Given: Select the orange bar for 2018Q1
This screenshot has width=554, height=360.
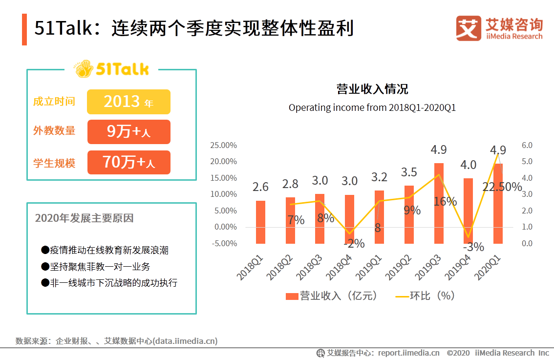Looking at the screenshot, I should (x=261, y=222).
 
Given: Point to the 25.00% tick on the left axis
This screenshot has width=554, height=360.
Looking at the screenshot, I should (x=223, y=146).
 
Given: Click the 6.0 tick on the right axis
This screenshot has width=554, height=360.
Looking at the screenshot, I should (x=527, y=146).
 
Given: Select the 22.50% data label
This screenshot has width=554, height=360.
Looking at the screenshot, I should (x=502, y=187).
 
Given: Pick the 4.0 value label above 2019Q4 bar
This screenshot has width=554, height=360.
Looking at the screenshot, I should (x=468, y=165).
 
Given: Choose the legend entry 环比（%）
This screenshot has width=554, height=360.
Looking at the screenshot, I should (x=425, y=296).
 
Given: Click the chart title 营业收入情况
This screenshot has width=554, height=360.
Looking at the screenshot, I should (x=372, y=89).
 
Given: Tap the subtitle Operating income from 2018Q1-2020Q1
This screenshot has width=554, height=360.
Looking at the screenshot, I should (x=372, y=107).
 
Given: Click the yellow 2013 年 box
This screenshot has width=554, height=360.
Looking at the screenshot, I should (x=128, y=102).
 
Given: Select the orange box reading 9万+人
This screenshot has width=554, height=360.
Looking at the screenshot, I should (x=128, y=132).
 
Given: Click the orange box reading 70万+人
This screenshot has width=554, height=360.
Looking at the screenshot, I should (x=128, y=162).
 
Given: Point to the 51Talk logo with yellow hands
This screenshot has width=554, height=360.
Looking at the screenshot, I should (x=112, y=69).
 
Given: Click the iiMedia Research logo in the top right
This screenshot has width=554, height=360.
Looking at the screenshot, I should (x=499, y=29).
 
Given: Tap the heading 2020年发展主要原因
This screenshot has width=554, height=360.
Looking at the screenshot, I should (x=84, y=218).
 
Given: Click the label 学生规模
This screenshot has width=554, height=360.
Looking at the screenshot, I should (x=54, y=163).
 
